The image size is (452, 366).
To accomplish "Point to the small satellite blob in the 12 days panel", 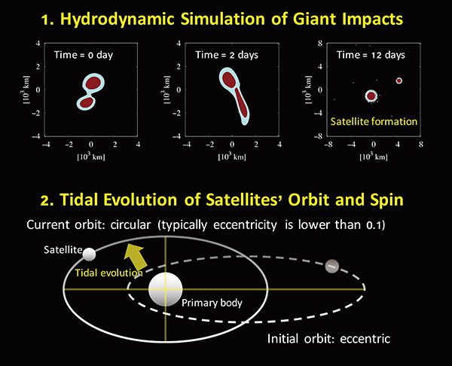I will click(x=399, y=81).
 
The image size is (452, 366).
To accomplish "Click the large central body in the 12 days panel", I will click(x=371, y=96).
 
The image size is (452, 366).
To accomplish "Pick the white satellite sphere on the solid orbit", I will click(x=90, y=253).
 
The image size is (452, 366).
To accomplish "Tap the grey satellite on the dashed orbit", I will click(x=332, y=266).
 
